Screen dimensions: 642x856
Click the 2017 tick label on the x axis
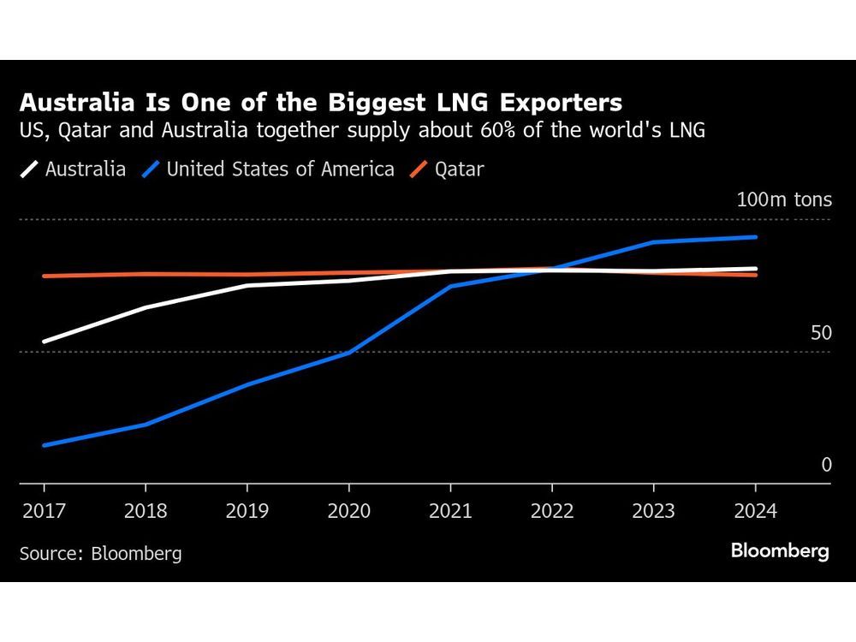pos(44,511)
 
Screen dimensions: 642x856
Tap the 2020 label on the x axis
pos(348,511)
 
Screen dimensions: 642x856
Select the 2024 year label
pos(755,511)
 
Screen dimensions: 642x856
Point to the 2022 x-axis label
pos(551,511)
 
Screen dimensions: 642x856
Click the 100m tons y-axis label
pos(784,200)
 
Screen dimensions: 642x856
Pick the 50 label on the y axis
pos(821,333)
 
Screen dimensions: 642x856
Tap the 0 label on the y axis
pos(826,465)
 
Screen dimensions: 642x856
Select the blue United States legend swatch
pos(151,169)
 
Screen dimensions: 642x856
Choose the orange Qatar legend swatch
pos(419,169)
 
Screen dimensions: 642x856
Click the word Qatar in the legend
pos(459,169)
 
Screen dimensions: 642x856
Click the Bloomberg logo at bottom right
pos(780,551)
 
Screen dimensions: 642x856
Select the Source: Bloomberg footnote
pos(100,554)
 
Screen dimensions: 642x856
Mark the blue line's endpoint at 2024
pos(755,237)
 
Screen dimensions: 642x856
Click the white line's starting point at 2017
pos(44,342)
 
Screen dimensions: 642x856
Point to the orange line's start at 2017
pos(44,276)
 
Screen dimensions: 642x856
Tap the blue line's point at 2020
pos(348,353)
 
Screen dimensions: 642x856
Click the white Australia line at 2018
pos(146,307)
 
